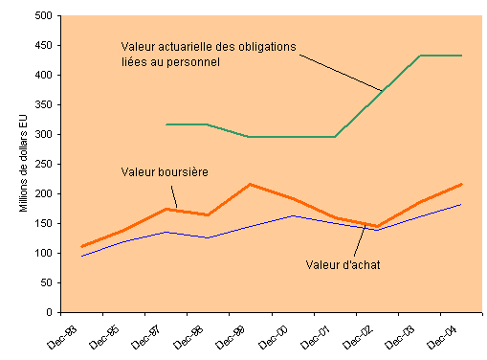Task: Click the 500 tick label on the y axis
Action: click(41, 16)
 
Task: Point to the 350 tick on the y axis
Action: click(41, 105)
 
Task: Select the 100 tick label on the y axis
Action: click(41, 254)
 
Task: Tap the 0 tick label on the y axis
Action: click(48, 313)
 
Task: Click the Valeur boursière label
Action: click(165, 172)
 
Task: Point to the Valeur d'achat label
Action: click(343, 264)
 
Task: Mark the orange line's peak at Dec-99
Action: click(250, 184)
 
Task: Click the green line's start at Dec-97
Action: click(166, 124)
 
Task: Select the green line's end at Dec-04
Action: click(461, 56)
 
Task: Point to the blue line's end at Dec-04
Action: click(461, 204)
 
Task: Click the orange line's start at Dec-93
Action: click(82, 246)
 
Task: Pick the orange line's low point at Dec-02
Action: click(377, 227)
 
